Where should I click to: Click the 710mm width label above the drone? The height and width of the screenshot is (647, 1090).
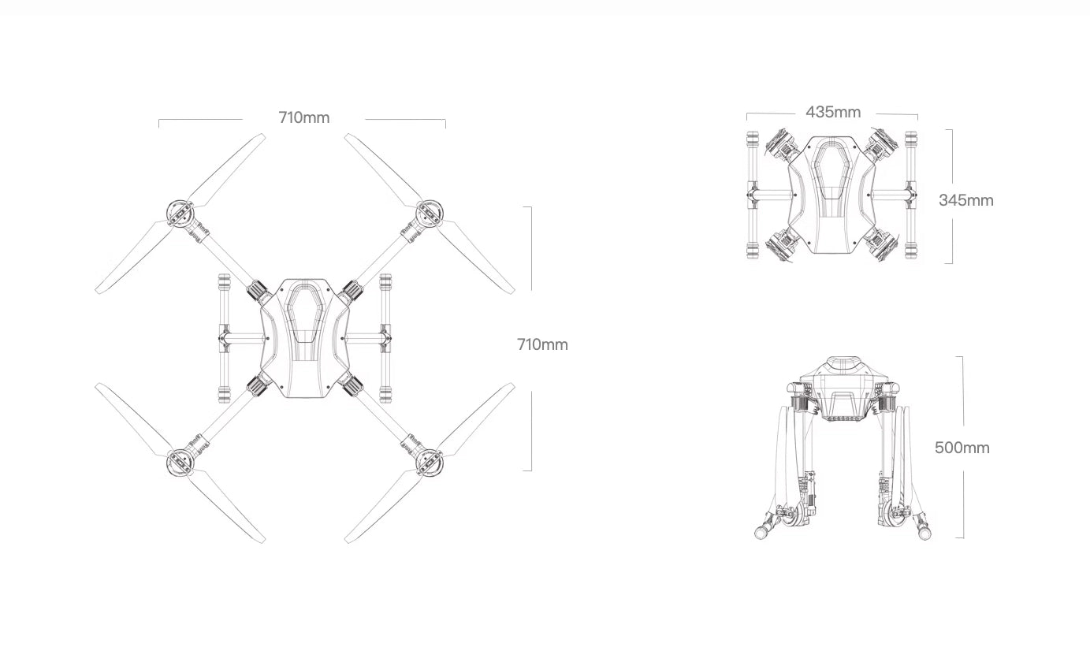tap(303, 118)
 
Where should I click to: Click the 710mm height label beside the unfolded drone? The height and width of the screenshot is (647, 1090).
tap(542, 344)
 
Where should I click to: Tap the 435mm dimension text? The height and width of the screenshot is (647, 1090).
tap(833, 112)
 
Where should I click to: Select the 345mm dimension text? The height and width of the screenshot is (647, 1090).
tap(965, 200)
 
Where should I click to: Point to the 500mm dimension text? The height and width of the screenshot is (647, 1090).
tap(962, 448)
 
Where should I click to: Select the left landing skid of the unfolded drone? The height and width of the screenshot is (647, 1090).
tap(225, 337)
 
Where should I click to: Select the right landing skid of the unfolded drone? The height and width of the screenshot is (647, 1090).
tap(385, 337)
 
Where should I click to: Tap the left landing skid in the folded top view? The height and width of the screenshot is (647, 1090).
tap(752, 195)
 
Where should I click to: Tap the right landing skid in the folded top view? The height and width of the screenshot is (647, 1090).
tap(912, 195)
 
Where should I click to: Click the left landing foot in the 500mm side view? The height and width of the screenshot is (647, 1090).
tap(764, 533)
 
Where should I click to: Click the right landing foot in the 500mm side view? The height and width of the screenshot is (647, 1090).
tap(924, 533)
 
